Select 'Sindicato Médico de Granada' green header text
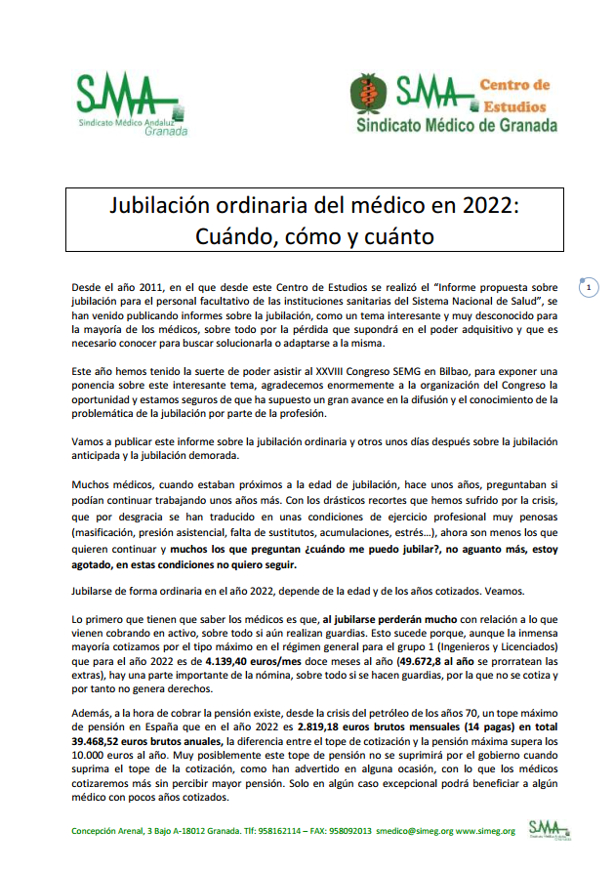pyautogui.click(x=457, y=126)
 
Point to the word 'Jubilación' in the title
pyautogui.click(x=162, y=207)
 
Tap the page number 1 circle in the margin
pyautogui.click(x=588, y=288)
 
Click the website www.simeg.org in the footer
pyautogui.click(x=485, y=831)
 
